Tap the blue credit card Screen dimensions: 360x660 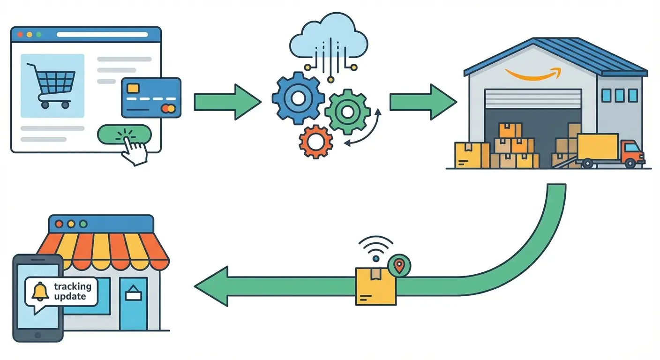pos(151,97)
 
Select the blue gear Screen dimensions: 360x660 pos(297,98)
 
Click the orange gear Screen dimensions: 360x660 pos(316,141)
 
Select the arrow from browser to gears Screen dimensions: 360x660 pos(227,102)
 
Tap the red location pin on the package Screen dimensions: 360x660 pos(399,265)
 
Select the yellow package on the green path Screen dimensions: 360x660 pos(375,286)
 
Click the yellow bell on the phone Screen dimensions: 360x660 pos(40,292)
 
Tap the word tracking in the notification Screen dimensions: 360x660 pos(73,286)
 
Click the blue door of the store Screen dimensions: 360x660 pos(133,303)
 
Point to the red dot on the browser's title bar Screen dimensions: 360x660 pos(20,34)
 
